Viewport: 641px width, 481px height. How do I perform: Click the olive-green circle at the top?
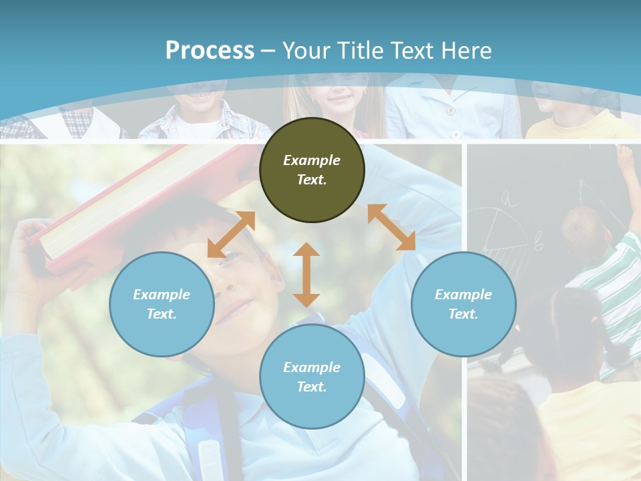(312, 170)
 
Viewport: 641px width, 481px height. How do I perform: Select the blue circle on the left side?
(162, 304)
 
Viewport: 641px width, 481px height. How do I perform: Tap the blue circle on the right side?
(463, 304)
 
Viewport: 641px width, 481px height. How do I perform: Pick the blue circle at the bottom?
(312, 377)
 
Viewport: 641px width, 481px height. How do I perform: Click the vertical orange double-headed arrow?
(306, 275)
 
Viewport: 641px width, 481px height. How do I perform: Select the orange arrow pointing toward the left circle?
(231, 234)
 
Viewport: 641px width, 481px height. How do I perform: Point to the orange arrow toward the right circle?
(392, 227)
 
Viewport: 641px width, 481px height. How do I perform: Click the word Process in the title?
(210, 51)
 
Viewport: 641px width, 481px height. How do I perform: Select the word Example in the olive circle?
(312, 160)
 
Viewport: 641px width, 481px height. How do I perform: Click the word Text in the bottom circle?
(310, 387)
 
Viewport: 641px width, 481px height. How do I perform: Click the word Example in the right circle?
(463, 295)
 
